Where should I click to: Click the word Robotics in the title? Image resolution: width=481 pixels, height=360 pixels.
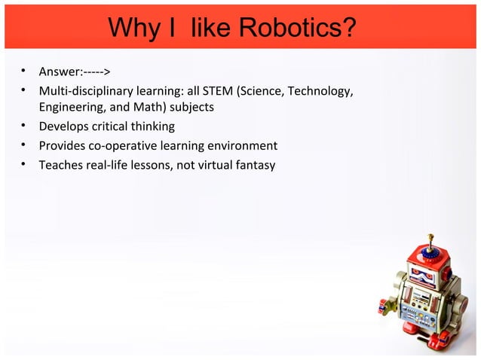[x=299, y=28]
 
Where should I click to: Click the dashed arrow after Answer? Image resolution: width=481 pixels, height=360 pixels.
[x=98, y=72]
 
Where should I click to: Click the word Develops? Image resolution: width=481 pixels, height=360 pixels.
[x=65, y=126]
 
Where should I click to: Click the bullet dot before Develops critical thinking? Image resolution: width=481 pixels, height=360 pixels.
[x=24, y=126]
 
